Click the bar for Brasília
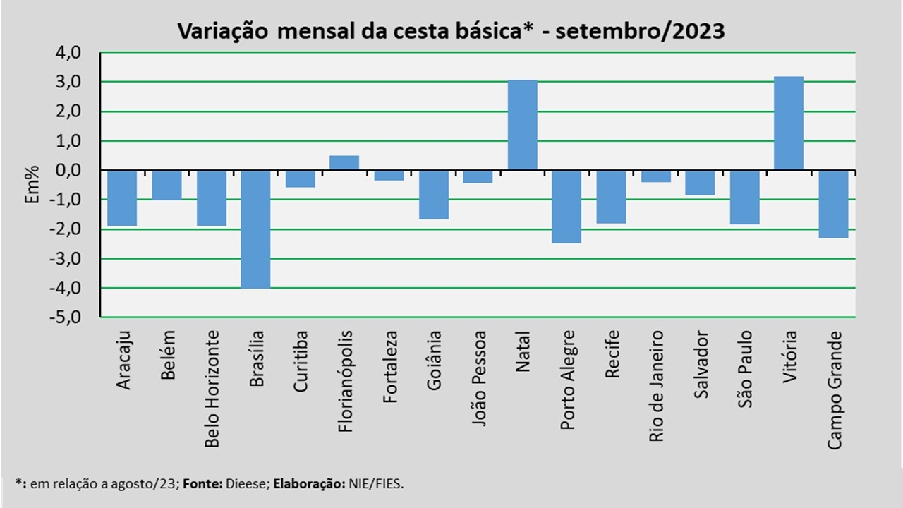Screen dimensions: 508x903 pyautogui.click(x=255, y=229)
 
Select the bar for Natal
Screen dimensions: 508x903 pyautogui.click(x=522, y=125)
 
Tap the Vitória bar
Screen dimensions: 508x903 pyautogui.click(x=788, y=123)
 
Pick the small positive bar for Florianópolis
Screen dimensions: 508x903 pyautogui.click(x=344, y=163)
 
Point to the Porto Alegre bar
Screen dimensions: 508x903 pyautogui.click(x=566, y=207)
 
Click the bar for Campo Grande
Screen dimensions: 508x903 pyautogui.click(x=833, y=204)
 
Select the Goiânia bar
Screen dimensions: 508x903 pyautogui.click(x=433, y=195)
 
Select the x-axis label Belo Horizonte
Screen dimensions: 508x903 pyautogui.click(x=212, y=389)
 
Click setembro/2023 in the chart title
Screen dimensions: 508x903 pyautogui.click(x=640, y=32)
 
